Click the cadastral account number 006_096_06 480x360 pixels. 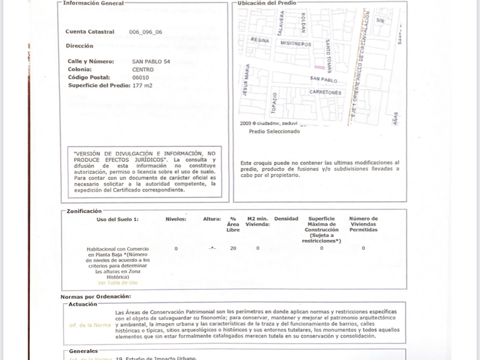click(146, 32)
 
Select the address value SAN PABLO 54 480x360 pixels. click(151, 61)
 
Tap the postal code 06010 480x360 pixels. click(141, 77)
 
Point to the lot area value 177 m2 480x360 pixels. click(142, 85)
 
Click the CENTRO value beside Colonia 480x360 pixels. click(142, 69)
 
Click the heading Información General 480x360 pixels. click(93, 3)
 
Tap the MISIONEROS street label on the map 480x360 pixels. click(296, 44)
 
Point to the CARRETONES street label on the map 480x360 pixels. click(326, 92)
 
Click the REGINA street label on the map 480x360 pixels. click(259, 39)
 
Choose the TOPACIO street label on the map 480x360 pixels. click(274, 103)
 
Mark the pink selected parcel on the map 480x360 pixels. click(319, 66)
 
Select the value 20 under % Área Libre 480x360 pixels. click(233, 248)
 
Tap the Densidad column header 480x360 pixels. click(286, 219)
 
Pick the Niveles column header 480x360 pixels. click(176, 219)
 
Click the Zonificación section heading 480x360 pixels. click(84, 211)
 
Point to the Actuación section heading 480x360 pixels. click(83, 304)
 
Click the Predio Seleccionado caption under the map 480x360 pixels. click(274, 131)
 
